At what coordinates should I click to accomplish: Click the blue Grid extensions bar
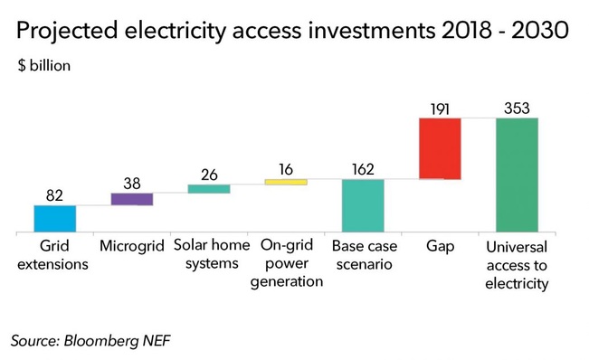(54, 218)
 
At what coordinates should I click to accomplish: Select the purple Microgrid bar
(131, 199)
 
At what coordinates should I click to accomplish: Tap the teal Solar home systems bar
(209, 188)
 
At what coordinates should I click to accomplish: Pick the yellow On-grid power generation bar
(286, 182)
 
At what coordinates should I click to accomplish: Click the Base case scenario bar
(363, 205)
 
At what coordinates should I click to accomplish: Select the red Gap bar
(440, 148)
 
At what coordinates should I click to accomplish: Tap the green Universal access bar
(517, 175)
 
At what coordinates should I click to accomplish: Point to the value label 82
(54, 194)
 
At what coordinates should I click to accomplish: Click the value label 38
(131, 183)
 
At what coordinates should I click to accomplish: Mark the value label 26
(209, 175)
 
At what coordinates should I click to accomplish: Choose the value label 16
(286, 169)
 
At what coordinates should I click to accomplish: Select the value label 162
(363, 169)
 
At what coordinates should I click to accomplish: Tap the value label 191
(440, 108)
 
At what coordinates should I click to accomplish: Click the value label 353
(517, 108)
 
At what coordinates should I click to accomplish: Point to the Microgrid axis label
(131, 246)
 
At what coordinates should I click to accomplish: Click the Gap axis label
(440, 246)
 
